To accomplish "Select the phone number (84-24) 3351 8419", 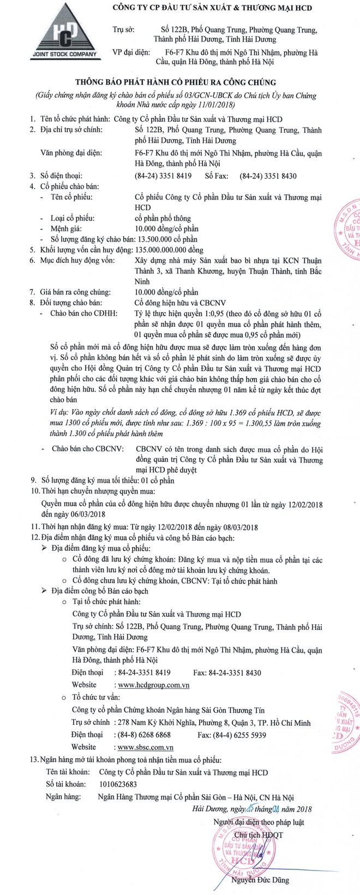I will click(163, 176).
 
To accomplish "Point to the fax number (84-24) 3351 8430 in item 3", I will click(268, 176).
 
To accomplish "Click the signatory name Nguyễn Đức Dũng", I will click(260, 880).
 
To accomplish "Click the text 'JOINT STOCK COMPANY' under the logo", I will click(64, 54).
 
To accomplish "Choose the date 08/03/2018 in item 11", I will click(239, 527).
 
